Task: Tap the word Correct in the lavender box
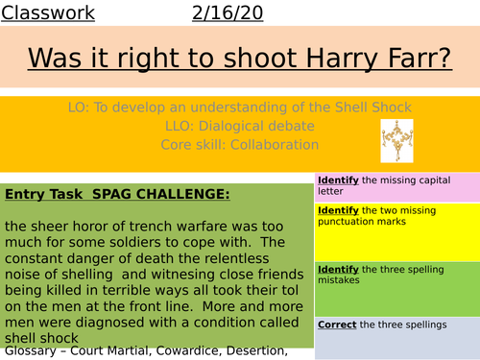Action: point(337,324)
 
